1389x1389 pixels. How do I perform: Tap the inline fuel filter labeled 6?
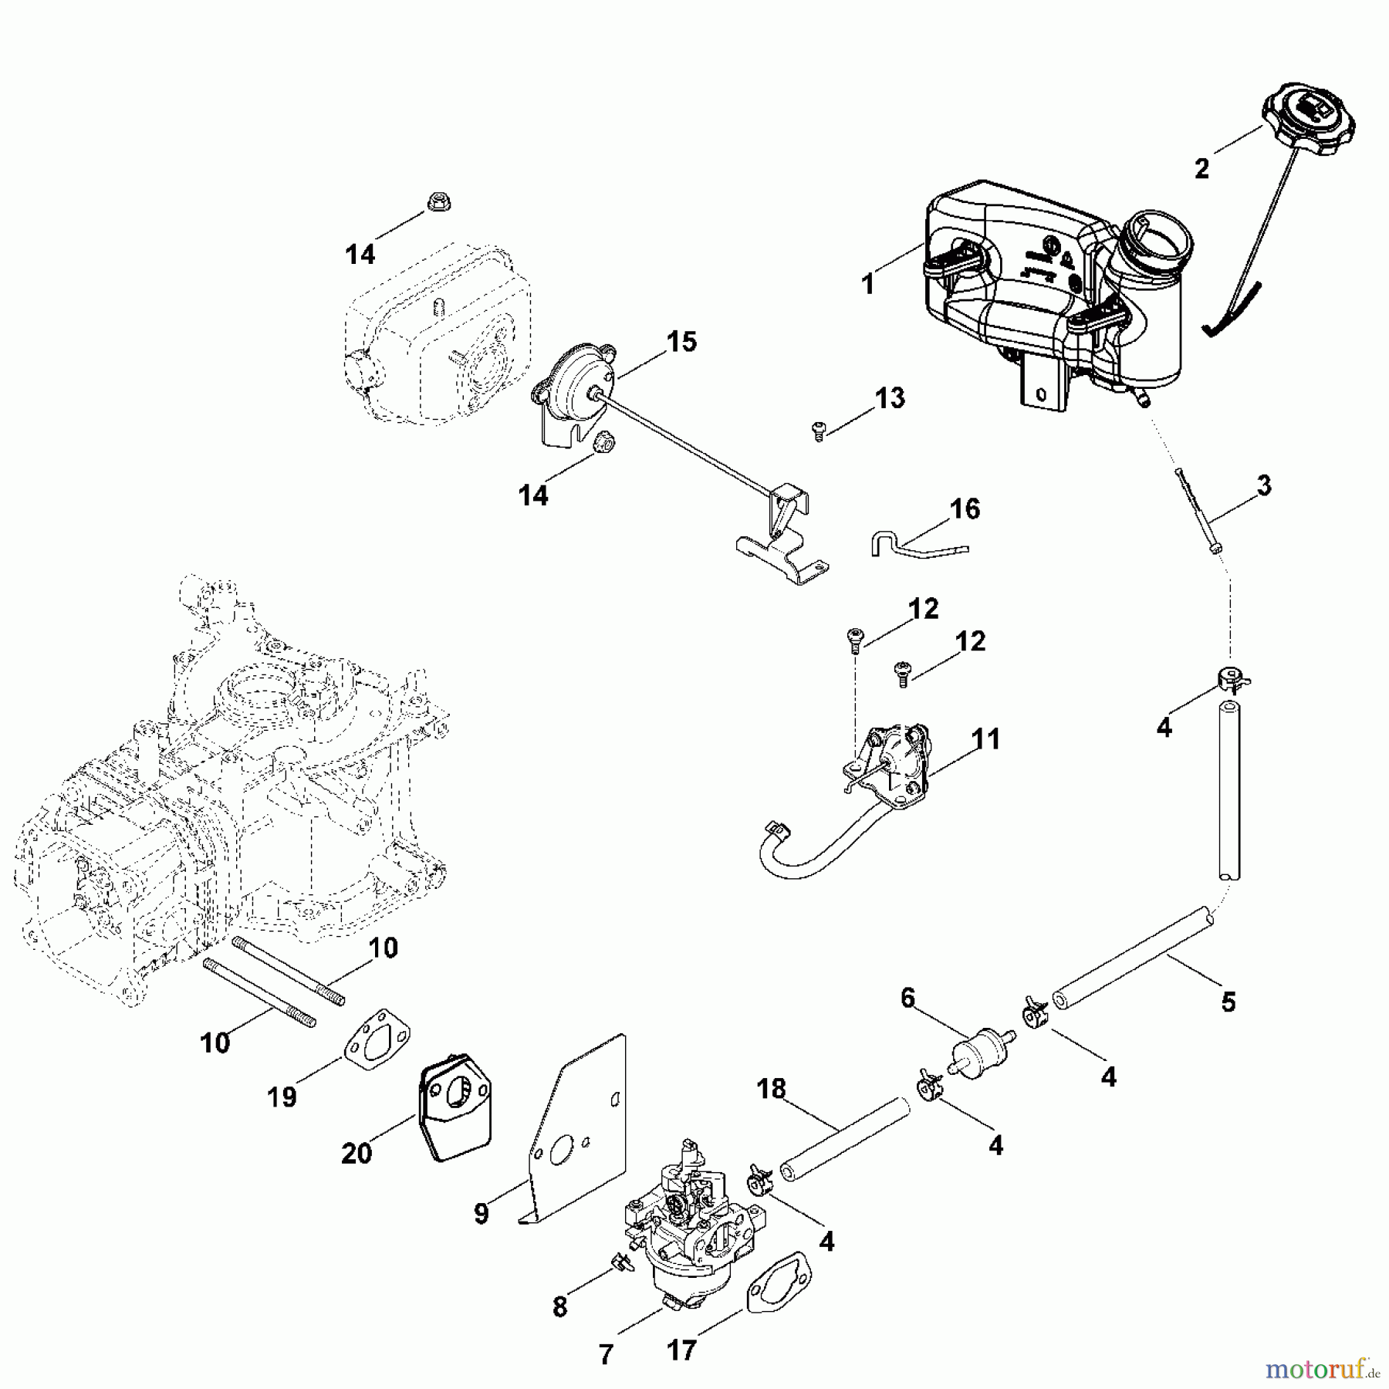coord(975,1049)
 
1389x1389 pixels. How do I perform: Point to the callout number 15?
coord(681,341)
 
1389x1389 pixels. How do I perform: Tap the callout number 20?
coord(357,1154)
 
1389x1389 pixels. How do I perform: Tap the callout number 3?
coord(1263,486)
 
